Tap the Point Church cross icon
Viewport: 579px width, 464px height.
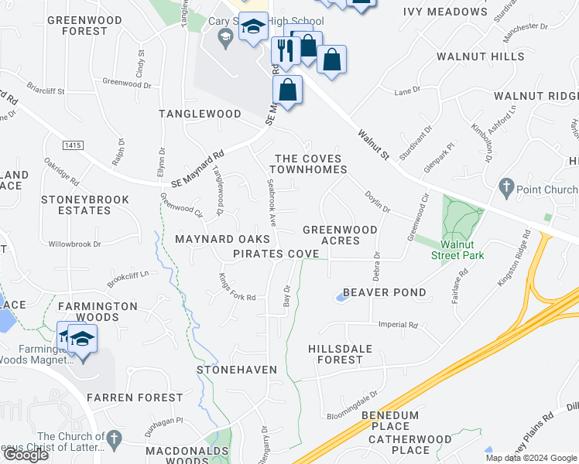point(506,187)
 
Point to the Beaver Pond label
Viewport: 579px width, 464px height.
point(384,292)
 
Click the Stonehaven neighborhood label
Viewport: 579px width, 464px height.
point(237,370)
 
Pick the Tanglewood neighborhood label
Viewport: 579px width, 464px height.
point(200,114)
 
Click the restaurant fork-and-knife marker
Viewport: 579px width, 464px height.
point(285,50)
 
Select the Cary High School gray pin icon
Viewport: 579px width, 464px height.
point(225,36)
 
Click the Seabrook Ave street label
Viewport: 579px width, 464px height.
point(272,202)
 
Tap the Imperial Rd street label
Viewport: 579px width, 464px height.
point(402,326)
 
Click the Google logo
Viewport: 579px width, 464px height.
point(26,455)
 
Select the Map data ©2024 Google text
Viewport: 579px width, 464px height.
point(531,458)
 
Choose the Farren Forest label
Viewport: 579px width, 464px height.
point(135,397)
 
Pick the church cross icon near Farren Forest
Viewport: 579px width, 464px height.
point(112,439)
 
